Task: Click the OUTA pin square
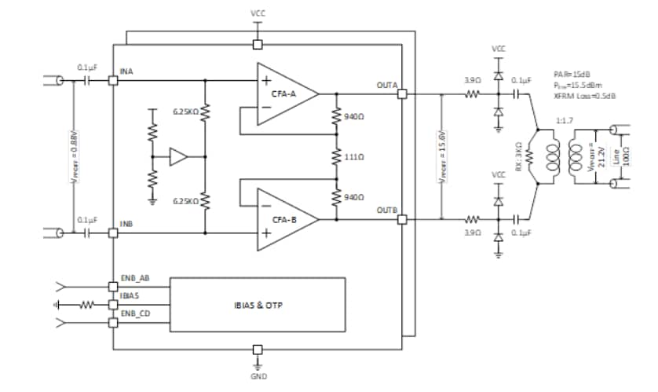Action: pyautogui.click(x=402, y=94)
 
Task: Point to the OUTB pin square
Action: pyautogui.click(x=402, y=219)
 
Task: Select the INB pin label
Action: pyautogui.click(x=126, y=225)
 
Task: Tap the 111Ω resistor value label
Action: pyautogui.click(x=355, y=156)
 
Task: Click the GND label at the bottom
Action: pyautogui.click(x=258, y=376)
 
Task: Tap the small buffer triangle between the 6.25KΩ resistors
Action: pyautogui.click(x=178, y=157)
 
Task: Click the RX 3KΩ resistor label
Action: pyautogui.click(x=518, y=156)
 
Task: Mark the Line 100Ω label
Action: pyautogui.click(x=627, y=156)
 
